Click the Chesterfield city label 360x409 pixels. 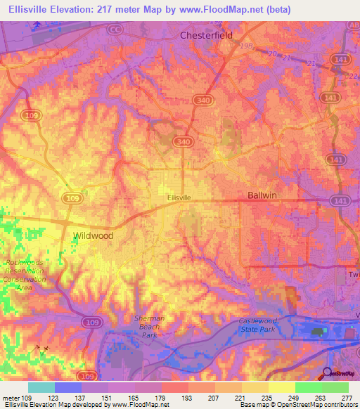[208, 34]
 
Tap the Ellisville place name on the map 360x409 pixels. [179, 198]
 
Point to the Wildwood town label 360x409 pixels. [94, 236]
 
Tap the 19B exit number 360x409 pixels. [245, 45]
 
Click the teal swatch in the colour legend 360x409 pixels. [41, 387]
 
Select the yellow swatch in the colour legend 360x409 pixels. [282, 387]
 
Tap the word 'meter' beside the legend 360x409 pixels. [11, 398]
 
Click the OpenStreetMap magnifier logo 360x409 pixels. [328, 373]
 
